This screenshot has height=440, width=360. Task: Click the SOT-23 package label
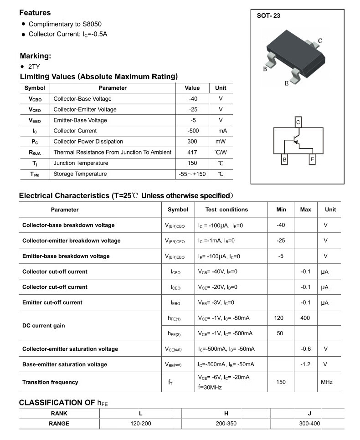[x=269, y=15]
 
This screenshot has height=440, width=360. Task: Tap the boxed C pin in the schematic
[x=298, y=122]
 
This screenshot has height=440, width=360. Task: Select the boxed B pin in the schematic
[x=284, y=160]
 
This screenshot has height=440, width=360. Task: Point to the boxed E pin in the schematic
[x=312, y=160]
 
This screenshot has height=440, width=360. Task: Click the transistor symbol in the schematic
[x=296, y=140]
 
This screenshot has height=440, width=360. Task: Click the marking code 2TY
[x=34, y=66]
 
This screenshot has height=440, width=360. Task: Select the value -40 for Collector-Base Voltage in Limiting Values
[x=192, y=99]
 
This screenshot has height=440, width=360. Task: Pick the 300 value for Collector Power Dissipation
[x=192, y=142]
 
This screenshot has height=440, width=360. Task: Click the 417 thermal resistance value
[x=192, y=152]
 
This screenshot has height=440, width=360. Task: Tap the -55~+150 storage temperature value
[x=192, y=174]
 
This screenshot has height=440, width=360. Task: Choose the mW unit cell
[x=221, y=142]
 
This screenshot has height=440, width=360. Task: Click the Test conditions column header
[x=226, y=210]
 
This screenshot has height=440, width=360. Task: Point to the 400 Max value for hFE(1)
[x=305, y=317]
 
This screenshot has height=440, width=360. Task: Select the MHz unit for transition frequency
[x=327, y=382]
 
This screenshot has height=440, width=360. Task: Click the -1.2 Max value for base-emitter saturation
[x=305, y=364]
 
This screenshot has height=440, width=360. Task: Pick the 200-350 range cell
[x=226, y=424]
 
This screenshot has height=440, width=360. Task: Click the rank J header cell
[x=309, y=413]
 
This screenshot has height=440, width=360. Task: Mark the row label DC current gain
[x=44, y=326]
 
